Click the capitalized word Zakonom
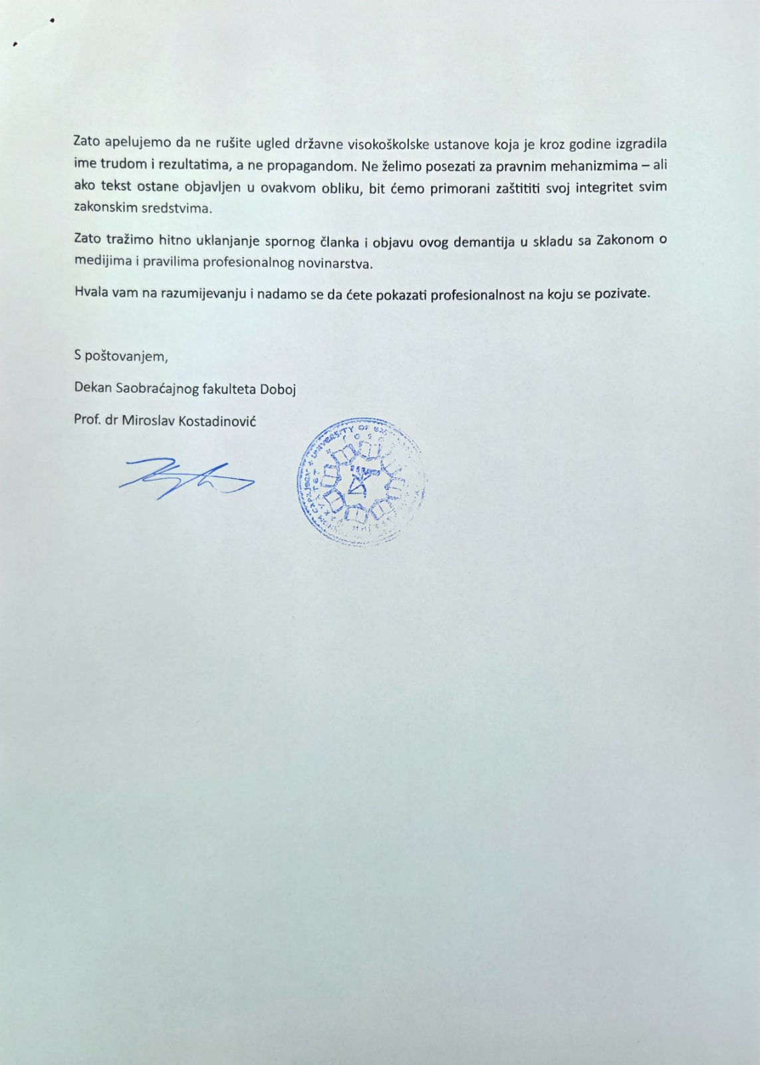625,240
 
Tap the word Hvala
90,293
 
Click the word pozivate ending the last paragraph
622,293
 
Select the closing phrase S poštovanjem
121,356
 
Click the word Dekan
92,388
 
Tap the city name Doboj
277,388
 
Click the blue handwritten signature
185,478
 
